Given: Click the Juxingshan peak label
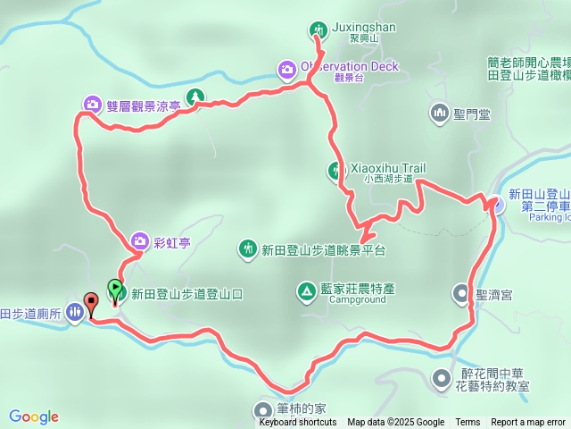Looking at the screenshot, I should [363, 27].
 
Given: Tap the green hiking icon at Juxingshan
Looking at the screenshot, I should [319, 30].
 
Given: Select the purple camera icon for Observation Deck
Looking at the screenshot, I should [286, 68].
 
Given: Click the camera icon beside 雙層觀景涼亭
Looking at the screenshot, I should [92, 105].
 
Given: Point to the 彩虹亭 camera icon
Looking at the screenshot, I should [139, 240].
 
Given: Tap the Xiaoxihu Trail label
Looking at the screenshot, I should [390, 168].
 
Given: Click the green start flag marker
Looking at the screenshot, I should [115, 289].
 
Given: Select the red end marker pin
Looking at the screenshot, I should [90, 302].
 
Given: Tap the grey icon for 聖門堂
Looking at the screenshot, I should [439, 114].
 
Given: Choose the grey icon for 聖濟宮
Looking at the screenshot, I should [460, 292].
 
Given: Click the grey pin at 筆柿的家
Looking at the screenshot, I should [260, 409].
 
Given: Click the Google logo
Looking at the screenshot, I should [34, 416].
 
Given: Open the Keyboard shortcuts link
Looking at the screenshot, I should [298, 423].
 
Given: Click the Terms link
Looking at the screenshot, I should [468, 423].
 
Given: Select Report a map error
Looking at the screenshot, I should [528, 423].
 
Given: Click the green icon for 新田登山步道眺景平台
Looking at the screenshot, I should [247, 248].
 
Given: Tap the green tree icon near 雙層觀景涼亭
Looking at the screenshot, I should [194, 97].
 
